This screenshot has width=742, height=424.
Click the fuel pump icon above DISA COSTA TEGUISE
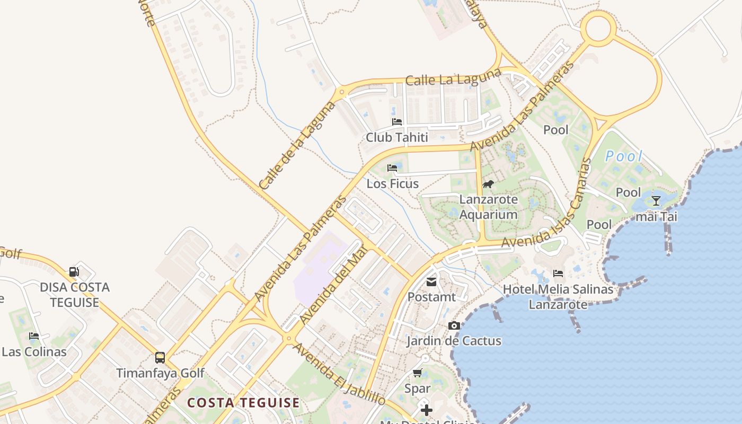pos(74,272)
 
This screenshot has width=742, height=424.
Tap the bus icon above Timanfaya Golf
pos(160,358)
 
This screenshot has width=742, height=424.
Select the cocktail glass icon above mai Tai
pos(656,201)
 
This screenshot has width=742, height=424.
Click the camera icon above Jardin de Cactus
pos(454,325)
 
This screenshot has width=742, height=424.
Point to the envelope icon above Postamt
pos(431,282)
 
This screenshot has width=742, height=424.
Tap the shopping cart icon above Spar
pos(417,373)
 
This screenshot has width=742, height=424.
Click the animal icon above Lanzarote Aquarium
pos(488,184)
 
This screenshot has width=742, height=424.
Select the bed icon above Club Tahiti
pos(397,122)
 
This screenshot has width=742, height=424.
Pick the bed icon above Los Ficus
pos(392,168)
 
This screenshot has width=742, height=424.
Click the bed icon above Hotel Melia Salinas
pos(558,273)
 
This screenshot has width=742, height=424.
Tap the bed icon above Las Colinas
pos(34,336)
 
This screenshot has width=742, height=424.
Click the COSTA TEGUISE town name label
pos(244,403)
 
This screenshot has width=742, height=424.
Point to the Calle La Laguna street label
pos(453,77)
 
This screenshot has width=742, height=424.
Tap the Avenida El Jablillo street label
pos(339,374)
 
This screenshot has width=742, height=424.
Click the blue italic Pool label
pos(624,156)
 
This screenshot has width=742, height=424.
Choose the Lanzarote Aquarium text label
pos(488,207)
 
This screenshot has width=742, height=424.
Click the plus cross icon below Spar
pos(427,410)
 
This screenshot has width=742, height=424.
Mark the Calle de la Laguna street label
pos(297,145)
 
